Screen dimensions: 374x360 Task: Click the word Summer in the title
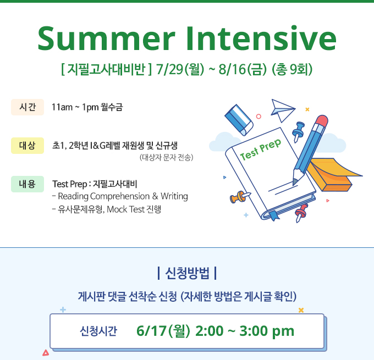106,38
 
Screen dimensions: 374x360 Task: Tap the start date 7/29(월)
180,69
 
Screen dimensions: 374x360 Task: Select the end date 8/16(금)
243,69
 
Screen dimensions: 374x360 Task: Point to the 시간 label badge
28,107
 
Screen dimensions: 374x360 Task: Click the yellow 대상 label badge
28,146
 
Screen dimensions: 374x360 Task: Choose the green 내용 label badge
28,184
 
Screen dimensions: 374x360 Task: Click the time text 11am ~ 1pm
75,107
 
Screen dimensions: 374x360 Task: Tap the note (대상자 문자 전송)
166,157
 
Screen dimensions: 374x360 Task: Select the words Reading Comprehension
104,196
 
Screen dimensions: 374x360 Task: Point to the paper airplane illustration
283,110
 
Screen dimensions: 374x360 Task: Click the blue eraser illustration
239,120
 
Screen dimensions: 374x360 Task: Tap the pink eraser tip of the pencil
321,120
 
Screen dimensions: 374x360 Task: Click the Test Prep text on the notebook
261,149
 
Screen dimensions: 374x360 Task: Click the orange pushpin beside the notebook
239,197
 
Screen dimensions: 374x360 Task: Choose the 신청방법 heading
187,273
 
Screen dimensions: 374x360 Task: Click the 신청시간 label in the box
98,331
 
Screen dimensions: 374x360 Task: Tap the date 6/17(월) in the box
163,331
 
